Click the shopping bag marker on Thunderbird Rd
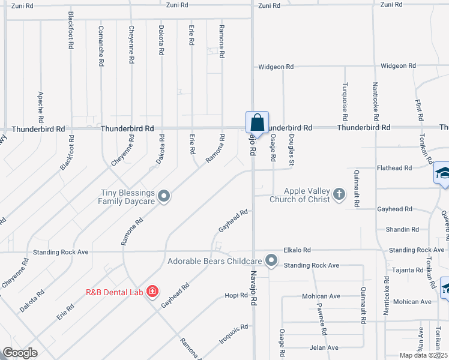[x=257, y=122]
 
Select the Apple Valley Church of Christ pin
[x=339, y=193]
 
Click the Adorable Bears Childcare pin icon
[x=271, y=260]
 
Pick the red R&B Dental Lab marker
[x=152, y=292]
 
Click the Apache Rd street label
[x=40, y=104]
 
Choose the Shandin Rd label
[x=403, y=229]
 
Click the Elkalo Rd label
[x=297, y=250]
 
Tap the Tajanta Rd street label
[x=408, y=270]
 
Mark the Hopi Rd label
[x=232, y=295]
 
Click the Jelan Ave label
[x=324, y=347]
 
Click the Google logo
[x=20, y=353]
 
